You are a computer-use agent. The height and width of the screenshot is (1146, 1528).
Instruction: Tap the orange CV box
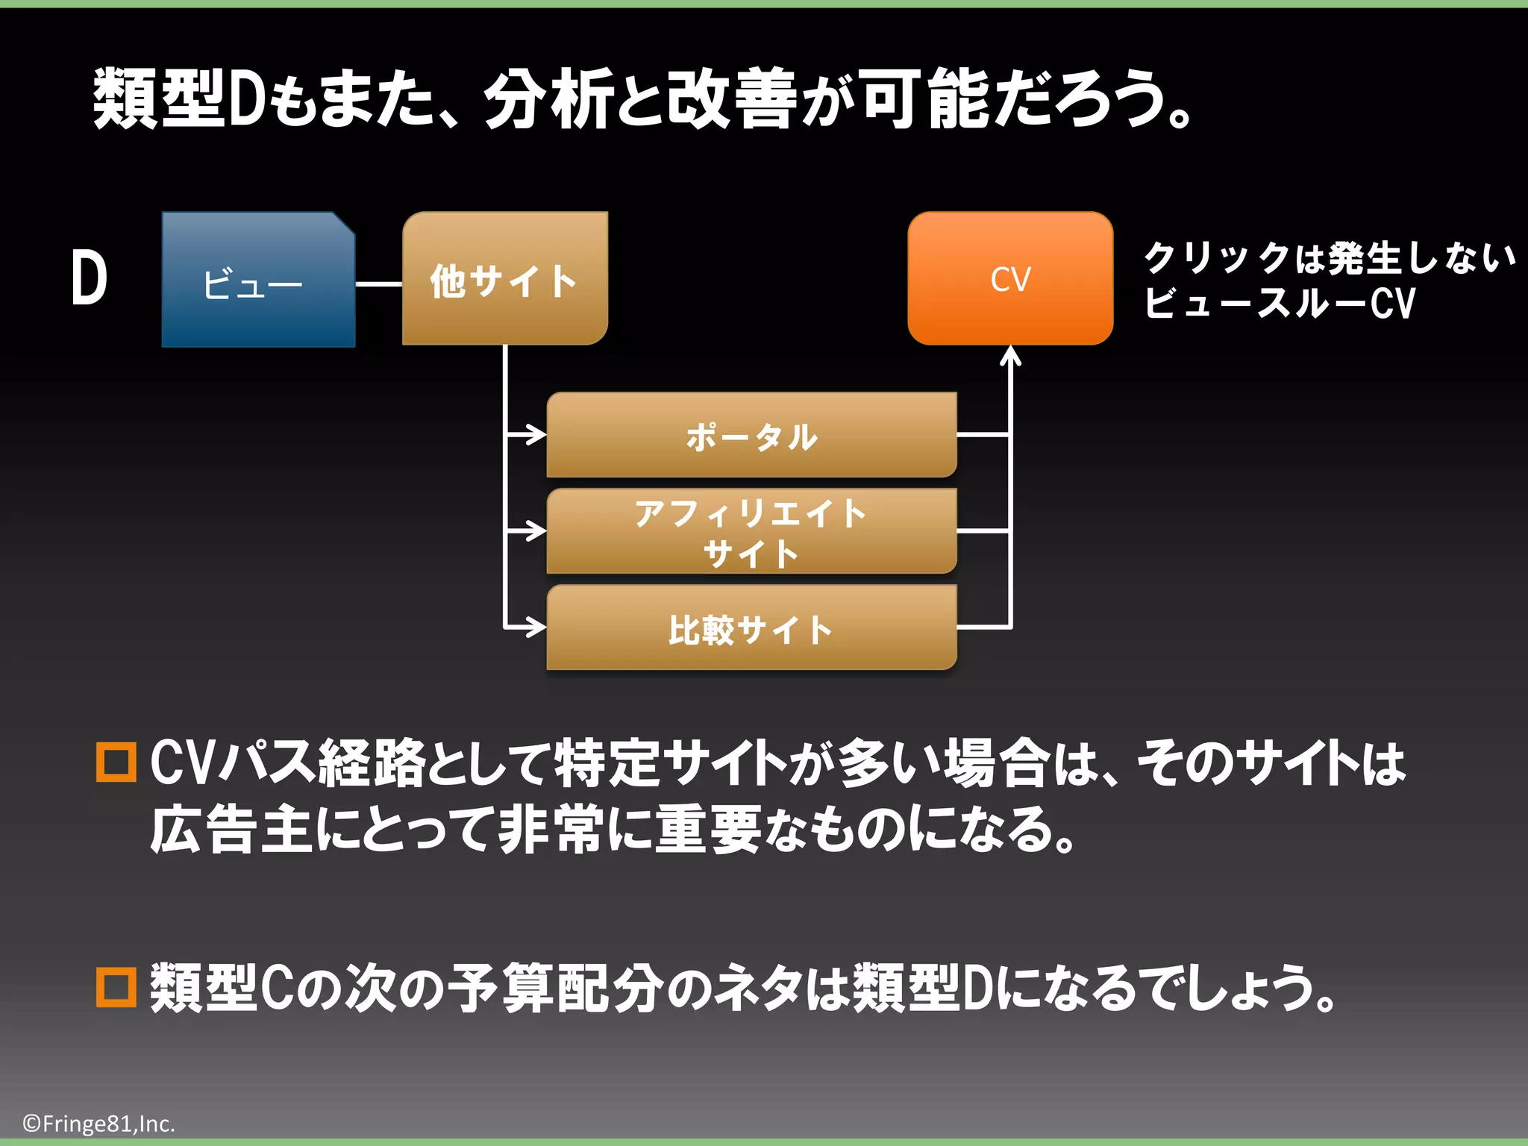point(1010,279)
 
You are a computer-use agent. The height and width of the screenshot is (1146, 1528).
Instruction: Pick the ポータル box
point(751,436)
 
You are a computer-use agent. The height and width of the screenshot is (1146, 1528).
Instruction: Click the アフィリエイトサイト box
point(751,532)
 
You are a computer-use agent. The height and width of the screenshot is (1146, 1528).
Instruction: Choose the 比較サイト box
point(751,628)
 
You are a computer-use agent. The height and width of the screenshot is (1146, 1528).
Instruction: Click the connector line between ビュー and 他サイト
point(378,284)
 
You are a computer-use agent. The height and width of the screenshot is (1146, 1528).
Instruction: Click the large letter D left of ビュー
point(90,278)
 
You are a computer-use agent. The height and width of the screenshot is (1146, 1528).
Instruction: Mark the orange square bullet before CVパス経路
point(116,762)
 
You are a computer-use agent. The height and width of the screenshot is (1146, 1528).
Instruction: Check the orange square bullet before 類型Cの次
point(116,987)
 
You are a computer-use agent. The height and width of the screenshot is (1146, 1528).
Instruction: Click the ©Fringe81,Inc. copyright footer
point(98,1124)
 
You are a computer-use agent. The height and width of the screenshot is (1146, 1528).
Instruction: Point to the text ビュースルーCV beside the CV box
point(1279,303)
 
